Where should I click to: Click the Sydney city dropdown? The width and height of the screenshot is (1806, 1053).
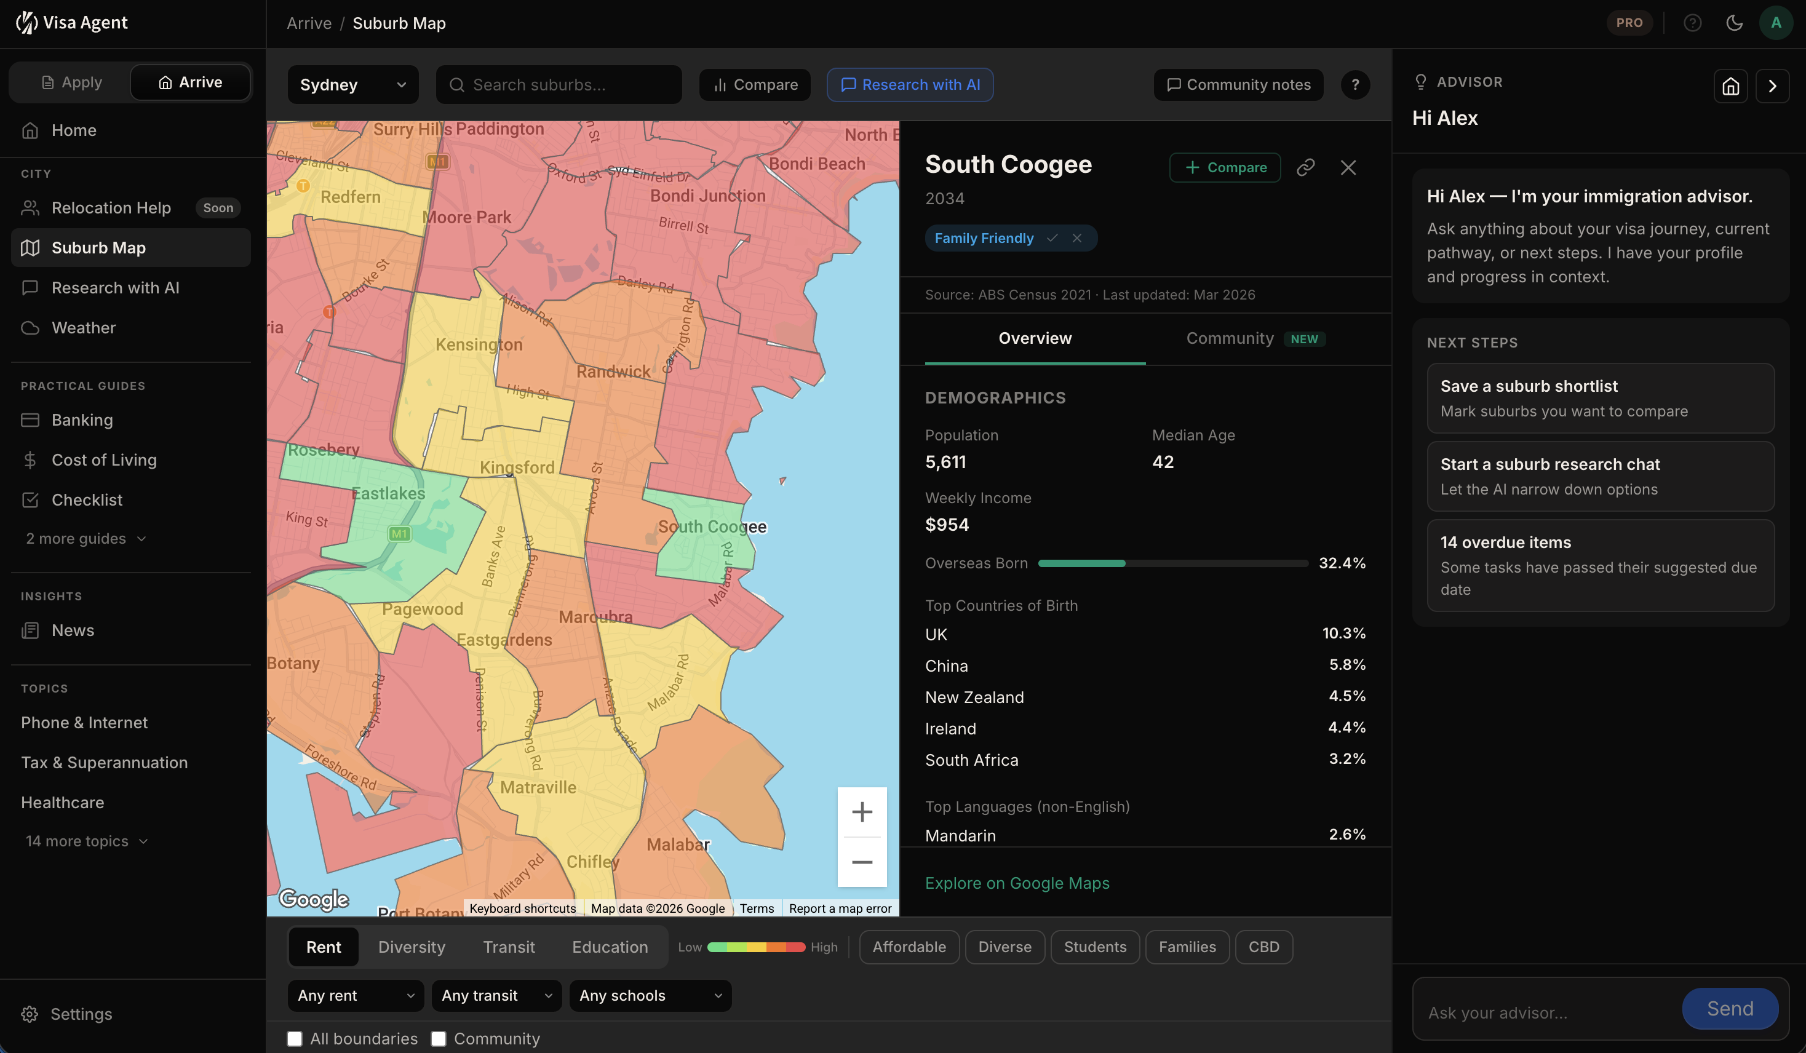click(352, 85)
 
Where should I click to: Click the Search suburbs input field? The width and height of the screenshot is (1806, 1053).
click(559, 85)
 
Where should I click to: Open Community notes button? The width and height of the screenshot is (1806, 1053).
click(1238, 85)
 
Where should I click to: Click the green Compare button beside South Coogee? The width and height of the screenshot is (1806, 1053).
click(1225, 168)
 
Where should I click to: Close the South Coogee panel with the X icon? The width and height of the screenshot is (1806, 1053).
click(1348, 168)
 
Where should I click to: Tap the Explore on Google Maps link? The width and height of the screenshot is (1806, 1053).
click(1017, 883)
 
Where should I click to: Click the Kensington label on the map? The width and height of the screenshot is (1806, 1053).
click(479, 345)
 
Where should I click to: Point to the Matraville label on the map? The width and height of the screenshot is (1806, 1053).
click(538, 788)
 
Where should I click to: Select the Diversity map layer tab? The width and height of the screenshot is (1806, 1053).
click(412, 947)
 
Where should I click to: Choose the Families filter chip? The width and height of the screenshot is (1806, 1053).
click(1187, 947)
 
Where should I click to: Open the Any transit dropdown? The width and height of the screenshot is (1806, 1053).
click(496, 996)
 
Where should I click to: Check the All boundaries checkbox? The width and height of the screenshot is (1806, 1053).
click(295, 1039)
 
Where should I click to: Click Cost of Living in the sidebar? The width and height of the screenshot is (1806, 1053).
click(104, 460)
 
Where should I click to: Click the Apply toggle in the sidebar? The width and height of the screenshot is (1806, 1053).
click(72, 82)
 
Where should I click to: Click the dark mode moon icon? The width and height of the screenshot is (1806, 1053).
click(1733, 23)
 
